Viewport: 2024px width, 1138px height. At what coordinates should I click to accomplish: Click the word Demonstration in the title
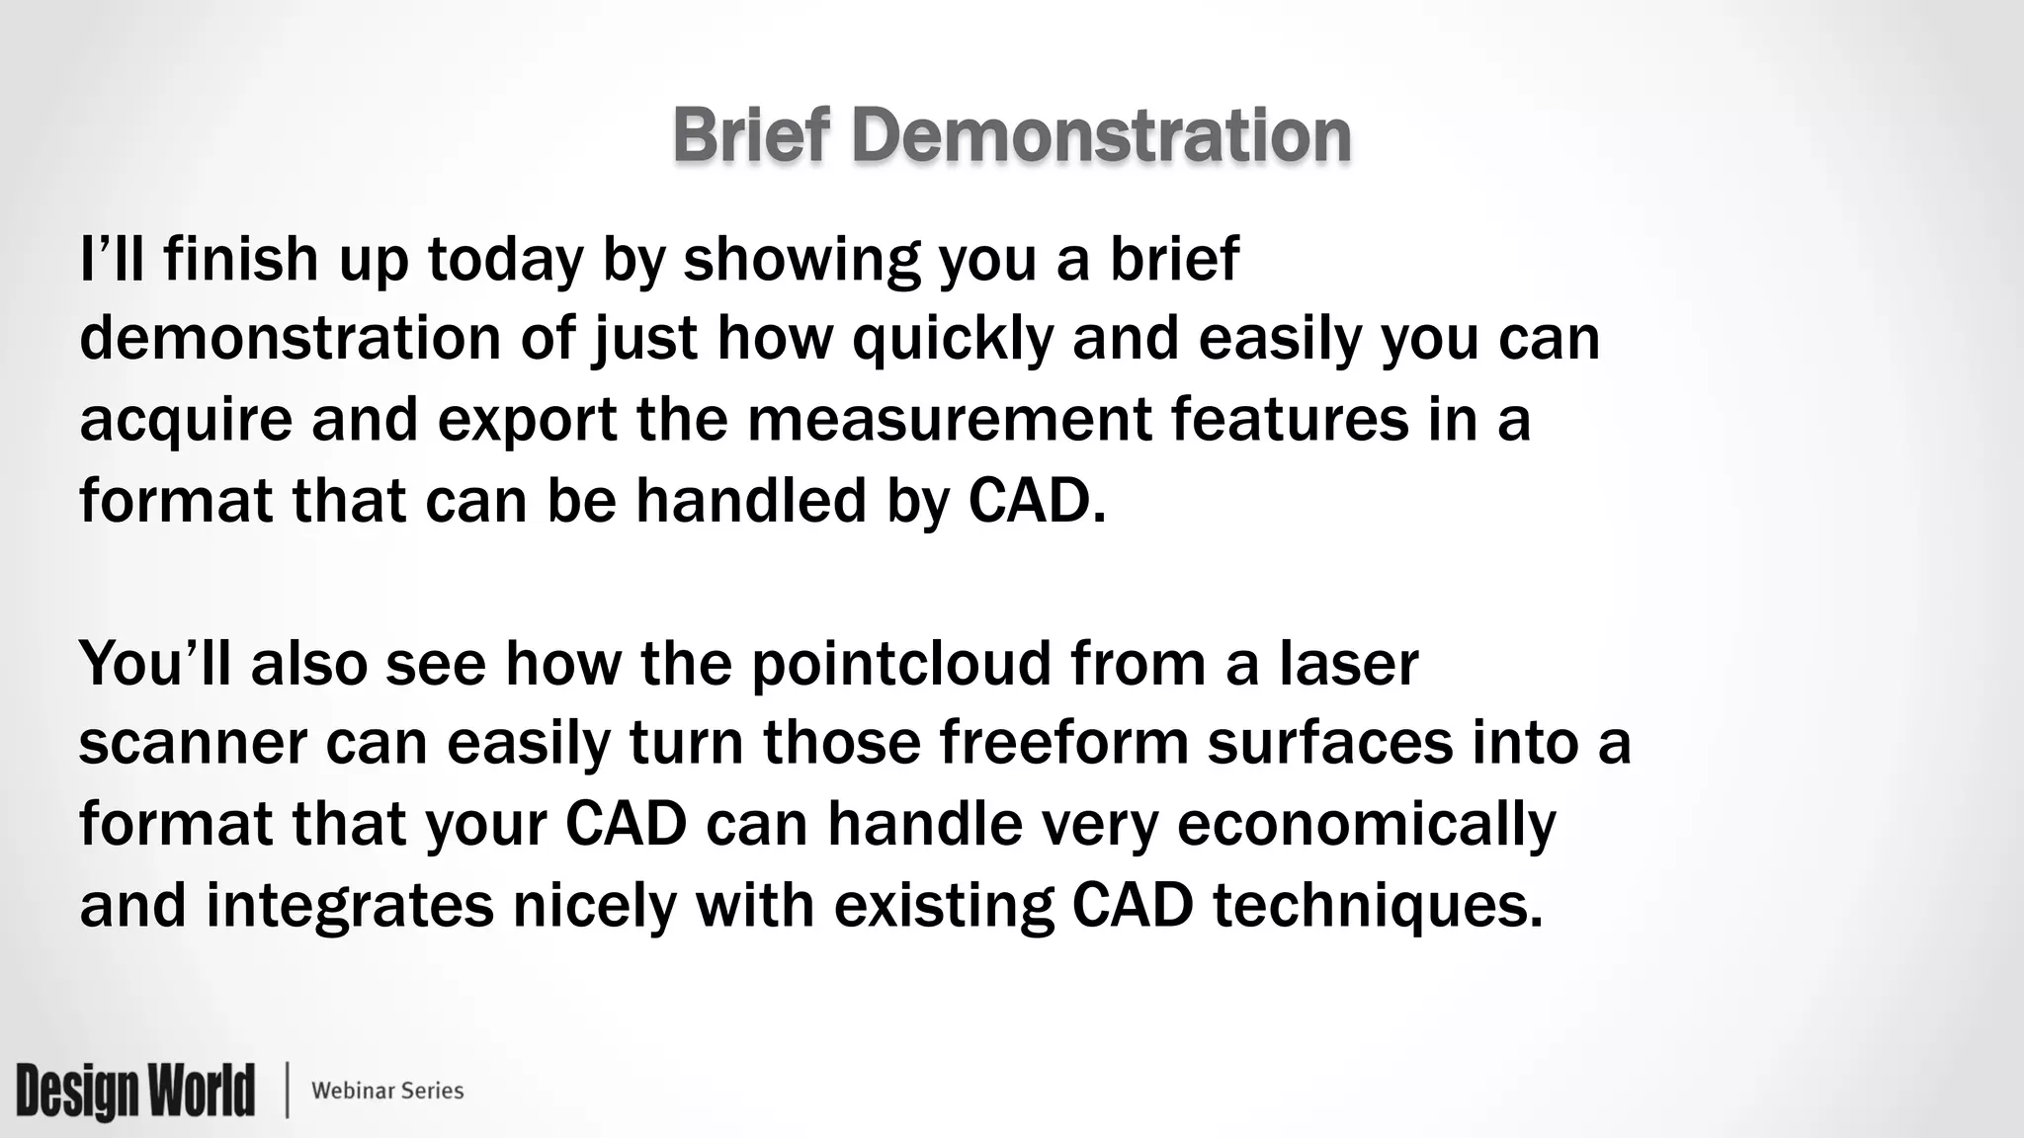tap(1101, 135)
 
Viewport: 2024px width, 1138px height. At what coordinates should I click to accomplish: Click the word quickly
tap(953, 340)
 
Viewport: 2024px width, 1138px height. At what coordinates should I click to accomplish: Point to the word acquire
tap(186, 421)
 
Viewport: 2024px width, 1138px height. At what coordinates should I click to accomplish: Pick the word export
tap(527, 421)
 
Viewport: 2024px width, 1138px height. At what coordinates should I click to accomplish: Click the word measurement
tap(949, 419)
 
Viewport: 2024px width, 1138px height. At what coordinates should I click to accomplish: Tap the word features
tap(1290, 419)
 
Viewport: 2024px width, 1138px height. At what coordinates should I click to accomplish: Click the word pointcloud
tap(901, 664)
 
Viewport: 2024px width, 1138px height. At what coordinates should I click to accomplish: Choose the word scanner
tap(193, 743)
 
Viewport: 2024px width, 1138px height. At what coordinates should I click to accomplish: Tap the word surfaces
tap(1330, 743)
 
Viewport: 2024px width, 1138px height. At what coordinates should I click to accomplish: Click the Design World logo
tap(135, 1091)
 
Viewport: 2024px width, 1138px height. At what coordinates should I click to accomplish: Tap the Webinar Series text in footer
tap(387, 1091)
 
